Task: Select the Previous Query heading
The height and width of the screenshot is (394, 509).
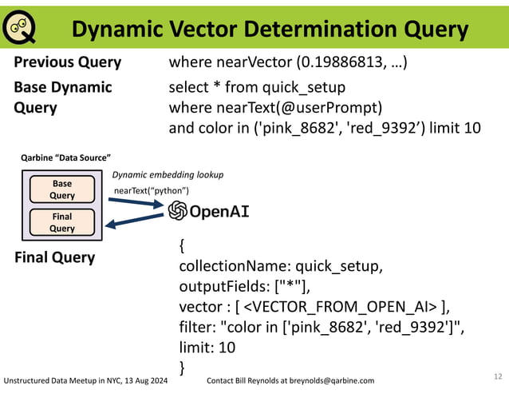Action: coord(68,62)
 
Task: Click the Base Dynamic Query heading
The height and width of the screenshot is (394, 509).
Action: coord(63,97)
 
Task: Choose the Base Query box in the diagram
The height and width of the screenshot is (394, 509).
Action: coord(62,189)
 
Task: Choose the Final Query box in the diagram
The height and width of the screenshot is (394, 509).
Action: coord(62,222)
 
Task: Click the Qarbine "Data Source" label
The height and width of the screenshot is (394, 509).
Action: coord(65,158)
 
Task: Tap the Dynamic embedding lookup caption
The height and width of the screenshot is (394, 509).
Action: coord(168,174)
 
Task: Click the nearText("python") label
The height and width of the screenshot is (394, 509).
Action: coord(152,190)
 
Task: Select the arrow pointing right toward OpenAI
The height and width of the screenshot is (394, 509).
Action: coord(138,204)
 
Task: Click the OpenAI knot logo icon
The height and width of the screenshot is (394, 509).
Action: coord(177,211)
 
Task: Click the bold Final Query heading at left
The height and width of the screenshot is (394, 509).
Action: coord(55,257)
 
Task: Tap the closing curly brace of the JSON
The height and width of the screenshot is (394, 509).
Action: coord(183,367)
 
